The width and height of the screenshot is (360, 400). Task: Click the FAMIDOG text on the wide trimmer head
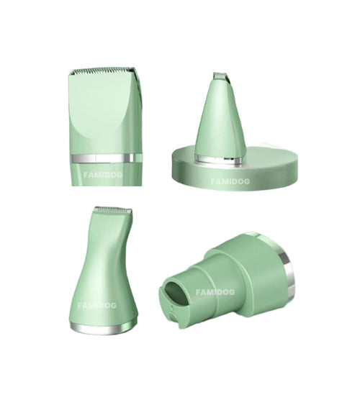103,175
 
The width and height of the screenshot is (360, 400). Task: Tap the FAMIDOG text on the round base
230,181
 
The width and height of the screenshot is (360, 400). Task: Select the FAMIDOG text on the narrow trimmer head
97,305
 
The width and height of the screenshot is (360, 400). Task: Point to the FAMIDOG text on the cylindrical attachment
215,292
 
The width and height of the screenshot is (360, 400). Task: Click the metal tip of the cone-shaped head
221,76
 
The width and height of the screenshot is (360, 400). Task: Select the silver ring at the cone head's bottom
218,159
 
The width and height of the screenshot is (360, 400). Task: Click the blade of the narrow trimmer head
112,211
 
